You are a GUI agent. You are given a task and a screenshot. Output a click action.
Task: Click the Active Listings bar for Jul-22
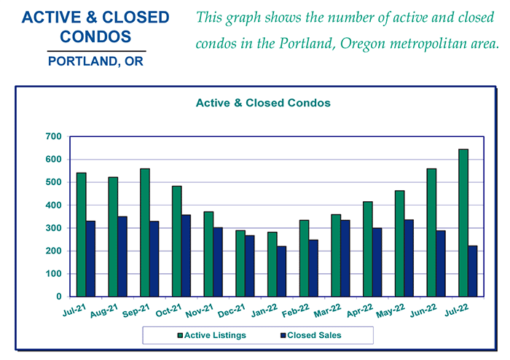pyautogui.click(x=463, y=223)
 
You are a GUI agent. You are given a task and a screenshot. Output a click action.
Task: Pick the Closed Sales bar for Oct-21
pyautogui.click(x=186, y=256)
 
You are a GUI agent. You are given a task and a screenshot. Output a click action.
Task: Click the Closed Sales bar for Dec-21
pyautogui.click(x=250, y=266)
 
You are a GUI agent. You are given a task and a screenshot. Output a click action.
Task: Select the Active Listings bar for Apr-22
pyautogui.click(x=368, y=249)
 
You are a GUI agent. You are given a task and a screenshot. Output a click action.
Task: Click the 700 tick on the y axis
pyautogui.click(x=52, y=136)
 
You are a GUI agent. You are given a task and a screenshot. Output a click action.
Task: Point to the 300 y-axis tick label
pyautogui.click(x=52, y=228)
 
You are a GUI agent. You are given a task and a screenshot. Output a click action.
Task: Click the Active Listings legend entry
pyautogui.click(x=211, y=335)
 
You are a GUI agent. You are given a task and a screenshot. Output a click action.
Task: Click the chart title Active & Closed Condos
pyautogui.click(x=264, y=103)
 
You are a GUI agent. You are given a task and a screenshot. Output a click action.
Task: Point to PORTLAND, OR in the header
pyautogui.click(x=95, y=61)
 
